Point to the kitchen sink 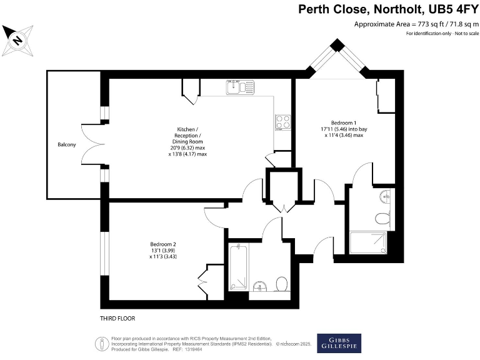click(x=238, y=86)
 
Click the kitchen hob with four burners click(x=282, y=121)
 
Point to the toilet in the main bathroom click(x=281, y=284)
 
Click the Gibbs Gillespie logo click(x=339, y=342)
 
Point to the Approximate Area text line click(x=412, y=24)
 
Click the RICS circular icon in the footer click(x=101, y=343)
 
